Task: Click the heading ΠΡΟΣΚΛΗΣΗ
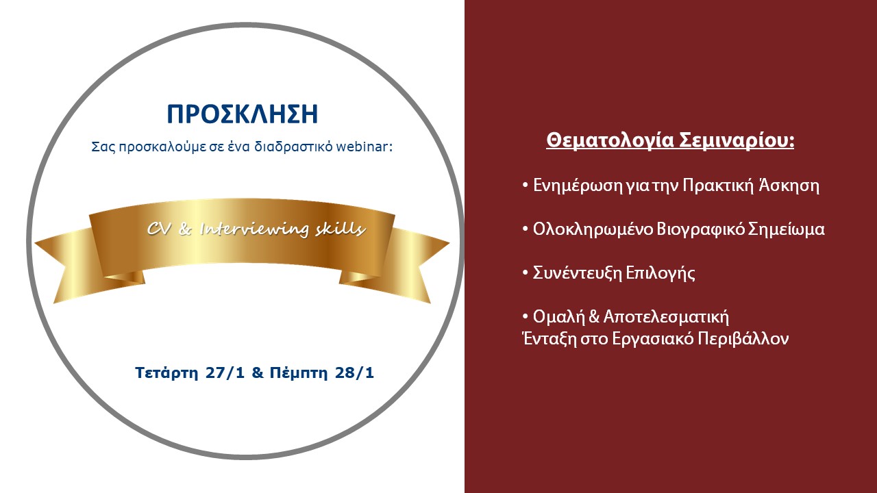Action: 243,114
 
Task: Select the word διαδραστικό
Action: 294,147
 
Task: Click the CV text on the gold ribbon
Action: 160,229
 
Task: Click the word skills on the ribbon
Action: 341,229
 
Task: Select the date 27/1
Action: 225,372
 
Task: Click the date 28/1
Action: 354,372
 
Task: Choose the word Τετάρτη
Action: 166,373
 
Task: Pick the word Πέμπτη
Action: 298,373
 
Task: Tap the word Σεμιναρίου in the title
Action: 737,141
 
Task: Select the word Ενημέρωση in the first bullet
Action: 578,186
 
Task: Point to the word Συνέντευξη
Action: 578,273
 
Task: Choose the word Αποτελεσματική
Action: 666,317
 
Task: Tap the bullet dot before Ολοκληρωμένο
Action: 526,229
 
